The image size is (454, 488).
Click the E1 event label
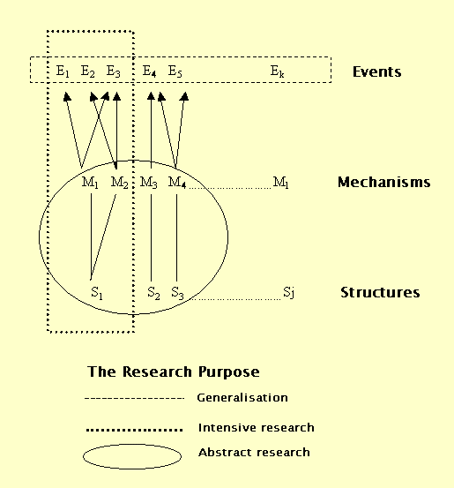coord(63,71)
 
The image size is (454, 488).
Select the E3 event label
coord(113,71)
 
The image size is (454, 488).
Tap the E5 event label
coord(175,71)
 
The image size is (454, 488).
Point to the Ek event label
coord(277,71)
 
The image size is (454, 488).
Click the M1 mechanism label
coord(90,183)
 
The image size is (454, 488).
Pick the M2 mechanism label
coord(119,183)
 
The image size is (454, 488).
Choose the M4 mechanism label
coord(177,183)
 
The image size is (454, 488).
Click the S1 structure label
coord(97,293)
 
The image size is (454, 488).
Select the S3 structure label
coord(177,293)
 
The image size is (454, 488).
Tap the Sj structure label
coord(288,293)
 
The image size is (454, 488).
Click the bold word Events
coord(377,71)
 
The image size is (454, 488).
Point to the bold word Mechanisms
coord(384,182)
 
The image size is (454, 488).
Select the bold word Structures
coord(380,293)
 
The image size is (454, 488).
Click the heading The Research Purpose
coord(174,372)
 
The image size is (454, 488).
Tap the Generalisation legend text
coord(242,398)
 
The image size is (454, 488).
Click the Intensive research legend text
coord(257,428)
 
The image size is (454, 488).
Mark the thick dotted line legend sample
coord(134,430)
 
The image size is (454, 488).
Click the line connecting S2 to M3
coord(152,238)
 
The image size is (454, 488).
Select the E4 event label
coord(149,71)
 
